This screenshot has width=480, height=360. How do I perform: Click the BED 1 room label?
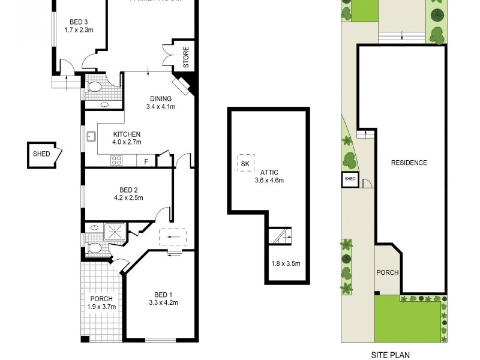(x=163, y=294)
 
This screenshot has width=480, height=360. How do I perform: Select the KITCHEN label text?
(x=126, y=134)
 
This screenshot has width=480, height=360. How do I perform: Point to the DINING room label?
(x=160, y=99)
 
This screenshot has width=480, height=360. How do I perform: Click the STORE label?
(x=186, y=56)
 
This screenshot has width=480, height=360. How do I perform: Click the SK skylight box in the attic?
(x=245, y=163)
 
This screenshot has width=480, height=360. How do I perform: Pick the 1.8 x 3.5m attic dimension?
(x=286, y=263)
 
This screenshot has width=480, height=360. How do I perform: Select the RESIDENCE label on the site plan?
(x=409, y=163)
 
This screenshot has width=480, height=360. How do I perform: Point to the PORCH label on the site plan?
(x=387, y=272)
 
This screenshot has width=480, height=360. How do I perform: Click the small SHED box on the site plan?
(x=349, y=179)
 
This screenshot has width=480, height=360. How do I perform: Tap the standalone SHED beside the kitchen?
(x=41, y=154)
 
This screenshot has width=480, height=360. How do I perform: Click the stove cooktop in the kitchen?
(x=117, y=160)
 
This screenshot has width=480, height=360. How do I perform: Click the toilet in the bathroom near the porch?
(x=94, y=247)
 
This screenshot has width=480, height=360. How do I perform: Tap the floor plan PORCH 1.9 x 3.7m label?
(x=101, y=303)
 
